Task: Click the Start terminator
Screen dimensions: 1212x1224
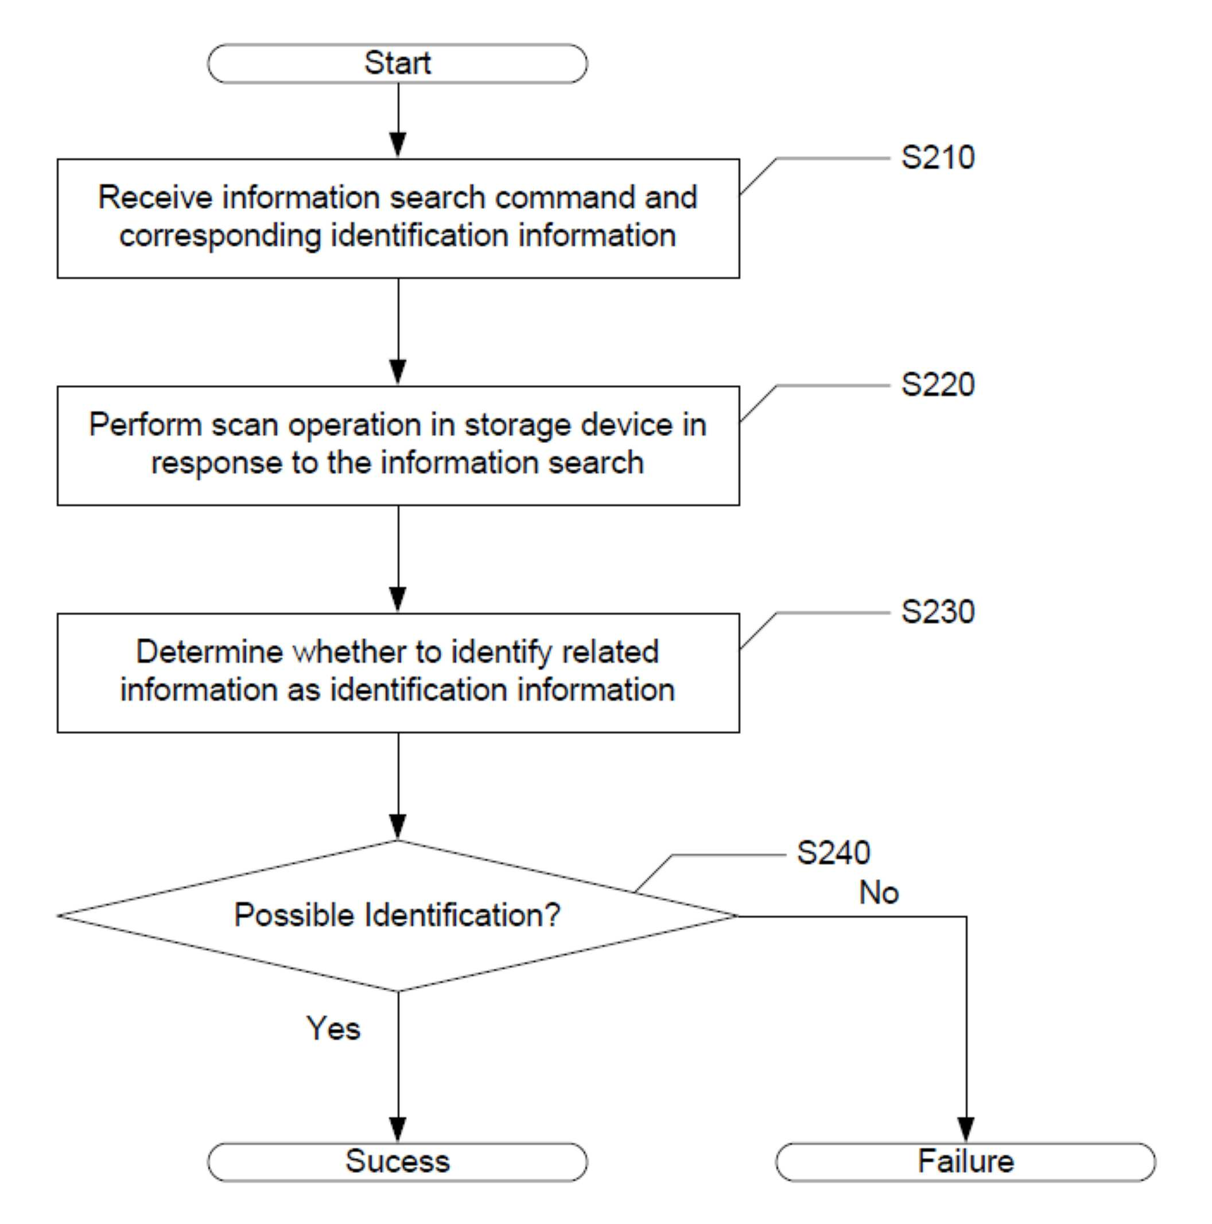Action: coord(397,63)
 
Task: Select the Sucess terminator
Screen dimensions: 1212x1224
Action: coord(397,1162)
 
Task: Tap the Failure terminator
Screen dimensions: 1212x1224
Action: coord(966,1162)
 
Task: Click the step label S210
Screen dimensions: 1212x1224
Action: coord(938,158)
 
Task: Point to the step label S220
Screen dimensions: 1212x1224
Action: coord(938,384)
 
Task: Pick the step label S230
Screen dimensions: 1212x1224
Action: coord(938,612)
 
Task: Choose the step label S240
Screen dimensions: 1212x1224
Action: coord(833,853)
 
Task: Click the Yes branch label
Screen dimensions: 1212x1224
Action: coord(333,1028)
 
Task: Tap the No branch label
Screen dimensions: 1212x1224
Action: coord(879,893)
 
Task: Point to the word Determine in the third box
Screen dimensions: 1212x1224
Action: coord(209,652)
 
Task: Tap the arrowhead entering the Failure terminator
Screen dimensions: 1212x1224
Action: coord(966,1129)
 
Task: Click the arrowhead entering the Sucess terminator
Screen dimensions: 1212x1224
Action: coord(398,1129)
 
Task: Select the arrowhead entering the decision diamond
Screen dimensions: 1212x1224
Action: coord(398,827)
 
